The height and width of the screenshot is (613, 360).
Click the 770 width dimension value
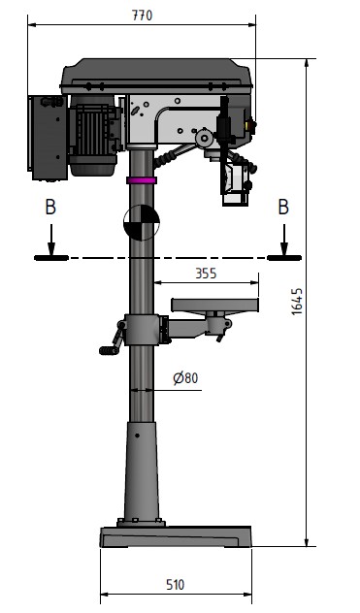(142, 16)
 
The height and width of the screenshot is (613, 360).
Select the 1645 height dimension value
(297, 302)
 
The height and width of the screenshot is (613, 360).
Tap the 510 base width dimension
(176, 585)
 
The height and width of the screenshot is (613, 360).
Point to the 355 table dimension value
(206, 274)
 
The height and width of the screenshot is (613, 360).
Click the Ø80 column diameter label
(185, 378)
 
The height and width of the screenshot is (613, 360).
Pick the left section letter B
(50, 208)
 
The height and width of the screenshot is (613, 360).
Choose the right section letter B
(283, 208)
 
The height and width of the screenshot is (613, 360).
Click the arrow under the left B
(51, 240)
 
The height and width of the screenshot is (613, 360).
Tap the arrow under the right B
(284, 240)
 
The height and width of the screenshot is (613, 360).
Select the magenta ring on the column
(142, 180)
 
